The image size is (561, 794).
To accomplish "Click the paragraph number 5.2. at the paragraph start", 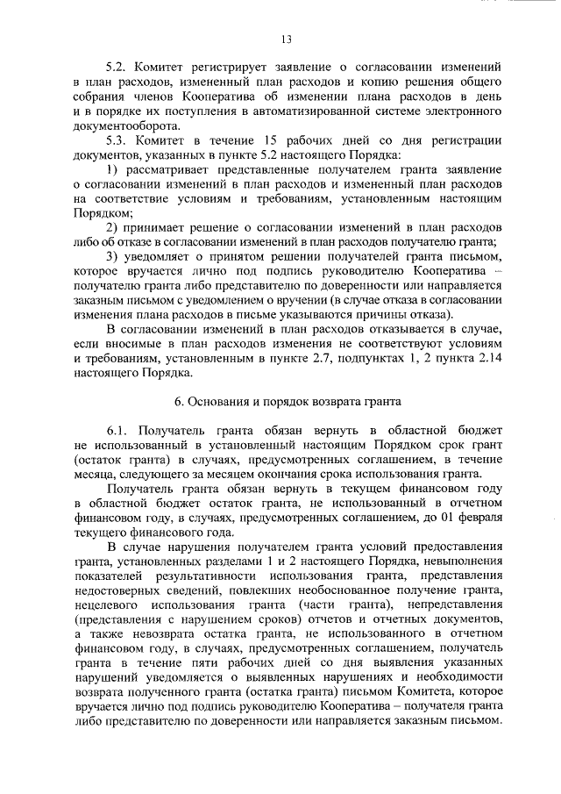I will click(117, 67).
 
